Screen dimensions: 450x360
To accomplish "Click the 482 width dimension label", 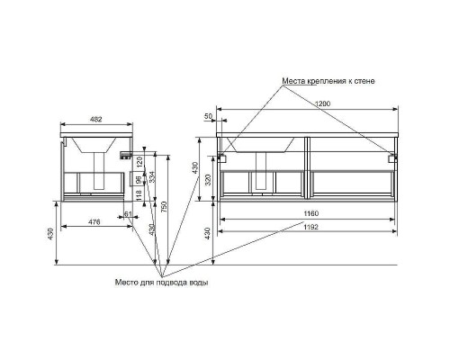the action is click(96, 120).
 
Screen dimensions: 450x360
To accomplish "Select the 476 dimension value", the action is click(94, 222).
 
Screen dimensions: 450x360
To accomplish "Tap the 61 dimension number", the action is click(128, 214).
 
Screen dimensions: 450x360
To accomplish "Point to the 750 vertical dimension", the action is click(164, 207).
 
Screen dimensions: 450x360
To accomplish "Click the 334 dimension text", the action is click(152, 177).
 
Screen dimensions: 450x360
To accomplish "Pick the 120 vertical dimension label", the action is click(139, 162).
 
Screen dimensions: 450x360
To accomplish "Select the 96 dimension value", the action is click(139, 180).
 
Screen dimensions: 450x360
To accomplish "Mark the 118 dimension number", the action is click(139, 195).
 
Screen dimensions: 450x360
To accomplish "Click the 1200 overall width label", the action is click(323, 103).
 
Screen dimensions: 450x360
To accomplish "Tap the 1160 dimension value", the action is click(311, 213).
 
